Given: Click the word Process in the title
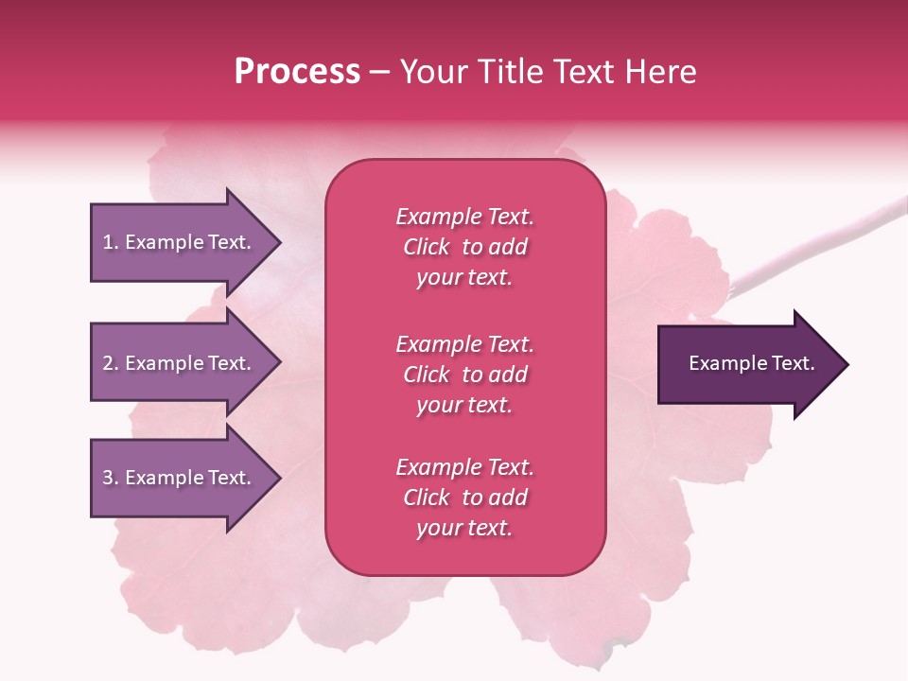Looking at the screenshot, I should [x=297, y=72].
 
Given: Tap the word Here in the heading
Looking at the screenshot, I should [x=659, y=72].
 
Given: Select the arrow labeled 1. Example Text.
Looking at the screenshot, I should [x=180, y=242].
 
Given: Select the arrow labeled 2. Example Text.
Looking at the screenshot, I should [x=180, y=363].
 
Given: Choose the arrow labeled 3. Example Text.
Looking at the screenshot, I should [x=180, y=478].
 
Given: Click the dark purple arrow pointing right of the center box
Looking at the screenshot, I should [x=747, y=364].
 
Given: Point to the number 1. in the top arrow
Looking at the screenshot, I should [x=111, y=242].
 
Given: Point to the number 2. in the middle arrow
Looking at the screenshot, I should [x=111, y=363].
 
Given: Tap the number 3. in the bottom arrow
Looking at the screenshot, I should [x=111, y=478].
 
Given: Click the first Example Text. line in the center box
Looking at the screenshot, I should [x=464, y=217].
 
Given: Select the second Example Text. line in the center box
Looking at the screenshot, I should [x=464, y=344].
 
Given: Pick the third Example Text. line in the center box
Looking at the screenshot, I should [x=464, y=467].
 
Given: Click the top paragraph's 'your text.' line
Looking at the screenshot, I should [x=464, y=278].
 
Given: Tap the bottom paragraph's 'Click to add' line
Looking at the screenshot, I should [x=464, y=498].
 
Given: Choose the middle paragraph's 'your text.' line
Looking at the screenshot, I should [x=464, y=405].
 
